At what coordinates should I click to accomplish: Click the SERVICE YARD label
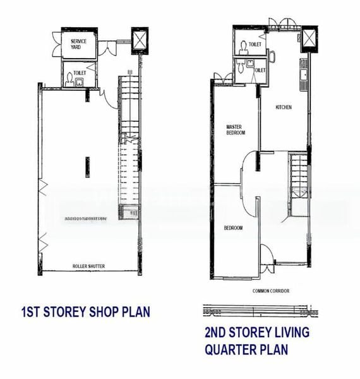79,44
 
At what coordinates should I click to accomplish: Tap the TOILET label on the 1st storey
80,73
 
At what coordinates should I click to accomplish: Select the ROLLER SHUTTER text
88,267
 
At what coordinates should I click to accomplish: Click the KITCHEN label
284,107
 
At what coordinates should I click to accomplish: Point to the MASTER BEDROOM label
235,129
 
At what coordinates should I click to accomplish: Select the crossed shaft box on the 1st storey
138,42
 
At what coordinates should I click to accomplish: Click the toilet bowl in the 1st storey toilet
69,78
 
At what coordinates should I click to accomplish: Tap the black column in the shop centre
88,167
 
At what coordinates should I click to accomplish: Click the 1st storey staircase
129,145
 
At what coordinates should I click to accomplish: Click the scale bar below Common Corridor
259,310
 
